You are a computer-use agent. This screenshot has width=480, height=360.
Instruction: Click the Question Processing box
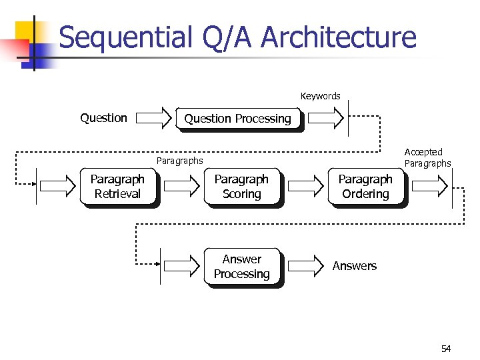237,119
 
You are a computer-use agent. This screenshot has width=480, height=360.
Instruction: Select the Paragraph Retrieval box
117,187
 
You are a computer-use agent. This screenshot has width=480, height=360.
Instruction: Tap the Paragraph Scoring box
241,187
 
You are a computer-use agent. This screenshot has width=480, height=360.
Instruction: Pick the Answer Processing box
241,267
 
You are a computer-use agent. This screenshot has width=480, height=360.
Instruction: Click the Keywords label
320,96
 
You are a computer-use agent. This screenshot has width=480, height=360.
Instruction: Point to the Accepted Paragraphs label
427,158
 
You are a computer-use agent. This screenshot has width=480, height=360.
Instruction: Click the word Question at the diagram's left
103,118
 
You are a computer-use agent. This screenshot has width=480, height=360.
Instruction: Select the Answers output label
354,266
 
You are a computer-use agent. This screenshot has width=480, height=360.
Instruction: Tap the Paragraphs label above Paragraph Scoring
179,161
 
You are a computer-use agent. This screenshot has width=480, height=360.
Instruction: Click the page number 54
446,349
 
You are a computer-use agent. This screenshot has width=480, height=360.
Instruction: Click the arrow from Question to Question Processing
157,119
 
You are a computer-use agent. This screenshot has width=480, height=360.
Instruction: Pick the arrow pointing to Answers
306,267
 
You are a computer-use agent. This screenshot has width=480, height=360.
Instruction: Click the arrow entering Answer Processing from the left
183,267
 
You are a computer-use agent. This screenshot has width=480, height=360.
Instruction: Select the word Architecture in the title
339,37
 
